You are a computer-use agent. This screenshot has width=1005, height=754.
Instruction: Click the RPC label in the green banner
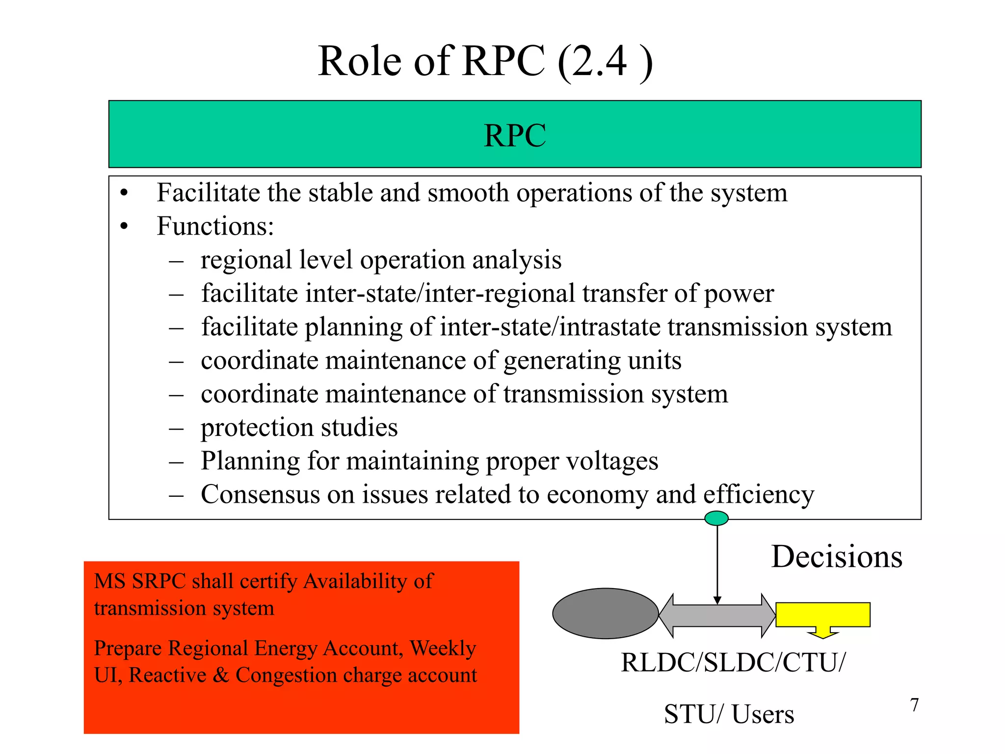514,135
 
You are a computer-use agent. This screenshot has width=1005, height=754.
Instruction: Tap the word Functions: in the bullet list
215,226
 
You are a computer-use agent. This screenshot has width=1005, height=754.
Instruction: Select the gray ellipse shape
605,614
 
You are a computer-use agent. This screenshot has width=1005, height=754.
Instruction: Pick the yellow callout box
822,615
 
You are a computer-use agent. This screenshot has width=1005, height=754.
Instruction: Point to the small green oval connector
716,518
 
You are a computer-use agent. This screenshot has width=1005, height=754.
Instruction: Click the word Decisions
836,557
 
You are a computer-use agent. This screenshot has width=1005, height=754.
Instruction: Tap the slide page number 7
914,705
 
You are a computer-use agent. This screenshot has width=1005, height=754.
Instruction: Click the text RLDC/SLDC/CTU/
733,663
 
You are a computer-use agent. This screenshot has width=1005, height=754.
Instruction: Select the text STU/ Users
729,714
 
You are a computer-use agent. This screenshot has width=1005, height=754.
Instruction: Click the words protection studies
299,428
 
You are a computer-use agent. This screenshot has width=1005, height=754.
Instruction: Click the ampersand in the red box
220,675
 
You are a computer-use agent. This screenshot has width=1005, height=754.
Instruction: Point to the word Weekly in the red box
443,648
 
